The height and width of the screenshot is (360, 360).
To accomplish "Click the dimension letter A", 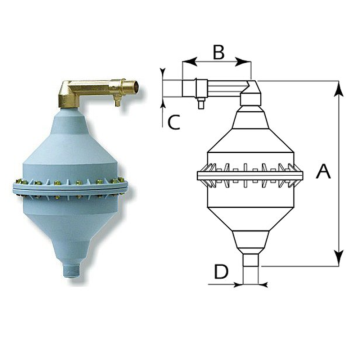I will click(323, 171).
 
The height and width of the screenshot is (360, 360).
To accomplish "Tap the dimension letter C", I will click(173, 123).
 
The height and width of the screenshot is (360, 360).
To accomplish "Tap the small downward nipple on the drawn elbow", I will click(200, 100).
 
